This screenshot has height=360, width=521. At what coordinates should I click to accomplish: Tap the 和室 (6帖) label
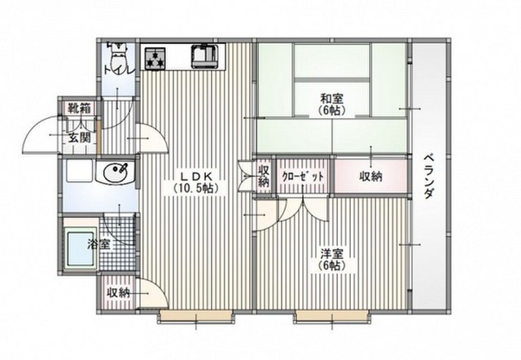331,104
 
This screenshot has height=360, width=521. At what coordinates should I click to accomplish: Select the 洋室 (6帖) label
331,260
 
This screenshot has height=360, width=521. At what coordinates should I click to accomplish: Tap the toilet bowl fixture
119,55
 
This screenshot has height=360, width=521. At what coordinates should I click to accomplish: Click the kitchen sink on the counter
204,55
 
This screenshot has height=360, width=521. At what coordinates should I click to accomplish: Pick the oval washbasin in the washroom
116,172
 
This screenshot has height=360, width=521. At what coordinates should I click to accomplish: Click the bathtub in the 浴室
81,247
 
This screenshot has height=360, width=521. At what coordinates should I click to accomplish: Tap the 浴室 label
99,245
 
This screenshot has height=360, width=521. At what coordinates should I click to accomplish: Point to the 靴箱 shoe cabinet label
80,108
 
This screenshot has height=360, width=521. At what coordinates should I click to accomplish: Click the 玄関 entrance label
80,138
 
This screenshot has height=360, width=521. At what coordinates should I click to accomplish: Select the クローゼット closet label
302,176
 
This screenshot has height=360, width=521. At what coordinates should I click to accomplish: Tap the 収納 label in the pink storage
370,177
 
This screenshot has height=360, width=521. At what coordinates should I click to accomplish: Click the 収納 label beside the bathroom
118,293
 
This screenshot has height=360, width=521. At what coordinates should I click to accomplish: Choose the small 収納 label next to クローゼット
264,176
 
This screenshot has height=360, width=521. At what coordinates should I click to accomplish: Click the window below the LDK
195,317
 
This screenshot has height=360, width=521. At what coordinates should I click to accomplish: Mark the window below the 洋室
331,317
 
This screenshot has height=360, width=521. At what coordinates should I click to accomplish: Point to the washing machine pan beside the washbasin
79,171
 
